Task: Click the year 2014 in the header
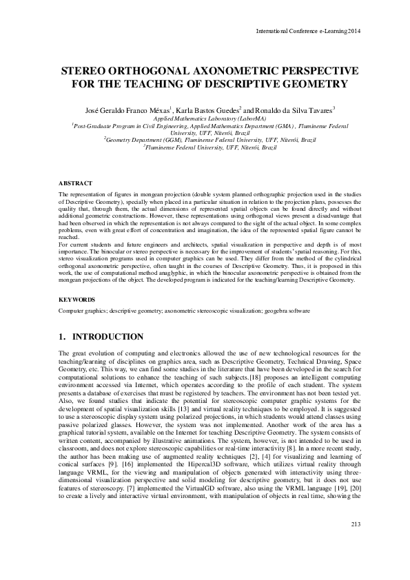point(351,31)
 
